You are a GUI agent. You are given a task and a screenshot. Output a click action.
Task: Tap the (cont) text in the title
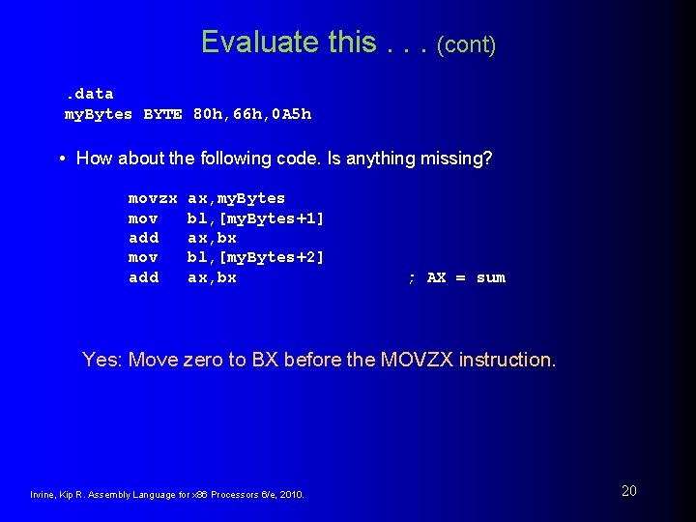click(466, 44)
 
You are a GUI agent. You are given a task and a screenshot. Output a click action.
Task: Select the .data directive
click(89, 94)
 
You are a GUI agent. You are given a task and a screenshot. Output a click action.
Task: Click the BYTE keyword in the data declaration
click(162, 114)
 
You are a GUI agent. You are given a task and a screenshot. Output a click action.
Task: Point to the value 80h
click(210, 114)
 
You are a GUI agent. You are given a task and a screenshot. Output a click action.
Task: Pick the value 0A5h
click(291, 114)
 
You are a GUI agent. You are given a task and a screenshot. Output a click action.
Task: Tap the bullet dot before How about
click(62, 158)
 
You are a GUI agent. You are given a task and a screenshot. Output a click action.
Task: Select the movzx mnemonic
click(153, 198)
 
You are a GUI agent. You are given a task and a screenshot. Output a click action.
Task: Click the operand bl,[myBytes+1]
click(255, 218)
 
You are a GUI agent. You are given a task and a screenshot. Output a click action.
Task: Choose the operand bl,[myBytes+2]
click(255, 258)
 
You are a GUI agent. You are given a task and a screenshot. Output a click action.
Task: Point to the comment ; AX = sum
click(456, 278)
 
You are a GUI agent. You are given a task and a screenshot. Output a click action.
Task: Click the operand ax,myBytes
click(236, 198)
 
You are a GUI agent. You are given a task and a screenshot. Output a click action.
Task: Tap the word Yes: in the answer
click(102, 360)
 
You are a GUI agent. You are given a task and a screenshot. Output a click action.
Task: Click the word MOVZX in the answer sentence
click(417, 360)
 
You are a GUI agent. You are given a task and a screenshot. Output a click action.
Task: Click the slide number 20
click(628, 491)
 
